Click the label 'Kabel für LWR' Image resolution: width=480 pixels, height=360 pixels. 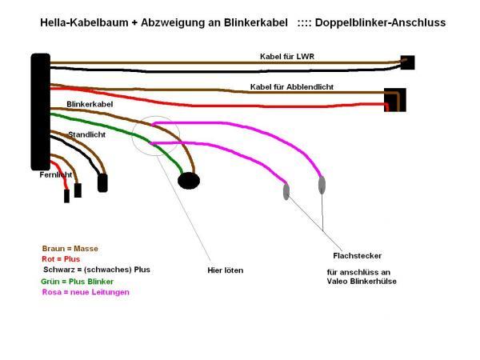[287, 57]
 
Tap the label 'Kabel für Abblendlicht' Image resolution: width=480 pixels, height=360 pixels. [292, 87]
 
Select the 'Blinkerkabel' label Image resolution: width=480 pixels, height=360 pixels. [90, 104]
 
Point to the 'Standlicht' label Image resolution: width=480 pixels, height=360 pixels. [87, 134]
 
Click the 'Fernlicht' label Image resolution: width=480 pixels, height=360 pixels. [56, 174]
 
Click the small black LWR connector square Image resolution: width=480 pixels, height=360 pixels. [408, 62]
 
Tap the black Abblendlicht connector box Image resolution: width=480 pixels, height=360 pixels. [395, 100]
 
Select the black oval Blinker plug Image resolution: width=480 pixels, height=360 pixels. [189, 181]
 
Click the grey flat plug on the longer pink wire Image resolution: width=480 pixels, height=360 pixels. [322, 185]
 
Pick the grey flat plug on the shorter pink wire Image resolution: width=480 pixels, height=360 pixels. [286, 191]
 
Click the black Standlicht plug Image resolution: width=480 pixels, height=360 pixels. [102, 182]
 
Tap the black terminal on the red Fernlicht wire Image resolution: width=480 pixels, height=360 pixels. [66, 196]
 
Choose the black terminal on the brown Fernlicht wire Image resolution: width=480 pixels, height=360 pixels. [78, 190]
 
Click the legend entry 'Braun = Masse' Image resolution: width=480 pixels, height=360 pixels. [70, 249]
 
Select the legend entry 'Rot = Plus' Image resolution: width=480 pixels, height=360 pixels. [61, 259]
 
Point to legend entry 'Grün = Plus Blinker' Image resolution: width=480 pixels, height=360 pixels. [77, 282]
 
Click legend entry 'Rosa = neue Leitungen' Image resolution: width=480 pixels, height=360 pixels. [86, 292]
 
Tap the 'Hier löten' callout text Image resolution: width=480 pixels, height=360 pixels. [226, 270]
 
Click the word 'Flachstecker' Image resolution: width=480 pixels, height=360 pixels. [358, 256]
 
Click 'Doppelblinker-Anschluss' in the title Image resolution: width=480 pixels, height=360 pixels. [380, 22]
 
